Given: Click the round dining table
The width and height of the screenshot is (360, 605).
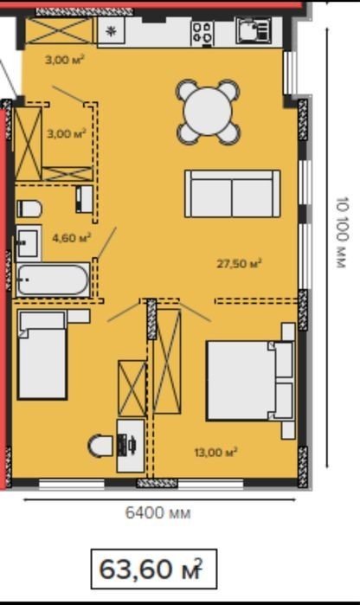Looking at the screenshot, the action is (208, 111).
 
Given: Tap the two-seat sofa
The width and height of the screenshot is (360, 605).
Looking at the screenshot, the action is (233, 194).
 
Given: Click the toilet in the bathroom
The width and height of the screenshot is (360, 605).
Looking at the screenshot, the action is (29, 209).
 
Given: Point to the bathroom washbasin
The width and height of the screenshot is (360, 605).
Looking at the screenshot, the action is (29, 243).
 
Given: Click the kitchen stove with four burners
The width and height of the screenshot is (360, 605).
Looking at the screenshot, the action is (202, 32).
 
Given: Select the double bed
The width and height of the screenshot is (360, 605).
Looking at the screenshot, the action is (251, 381).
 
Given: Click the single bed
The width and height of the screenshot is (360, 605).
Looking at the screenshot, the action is (42, 355).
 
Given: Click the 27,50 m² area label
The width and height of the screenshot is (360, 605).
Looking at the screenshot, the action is (239, 264).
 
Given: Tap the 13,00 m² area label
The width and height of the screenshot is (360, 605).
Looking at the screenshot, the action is (215, 452).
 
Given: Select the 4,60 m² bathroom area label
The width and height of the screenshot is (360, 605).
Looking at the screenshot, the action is (72, 238).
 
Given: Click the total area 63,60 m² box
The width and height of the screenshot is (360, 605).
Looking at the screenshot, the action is (154, 570).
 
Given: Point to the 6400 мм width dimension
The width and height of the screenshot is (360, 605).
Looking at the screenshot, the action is (158, 513).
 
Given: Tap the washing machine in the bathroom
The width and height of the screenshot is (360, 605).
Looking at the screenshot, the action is (84, 199).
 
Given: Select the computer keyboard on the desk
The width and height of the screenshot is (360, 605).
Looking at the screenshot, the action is (122, 445).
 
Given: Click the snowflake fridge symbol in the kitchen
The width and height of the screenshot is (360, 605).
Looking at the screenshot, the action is (112, 32).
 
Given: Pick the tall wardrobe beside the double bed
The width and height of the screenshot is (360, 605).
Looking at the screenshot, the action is (167, 361).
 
